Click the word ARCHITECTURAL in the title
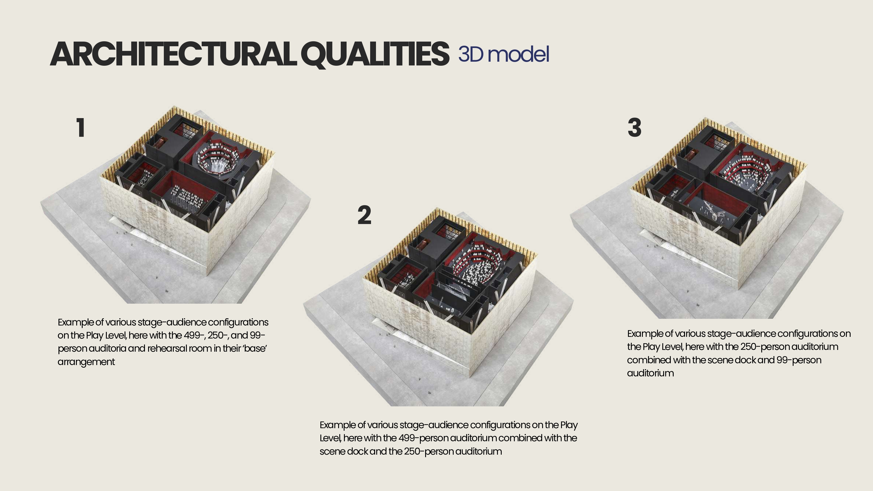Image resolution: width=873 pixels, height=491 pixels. click(x=173, y=54)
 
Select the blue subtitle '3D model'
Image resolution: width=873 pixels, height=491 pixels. click(x=504, y=54)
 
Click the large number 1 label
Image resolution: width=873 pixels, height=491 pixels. click(x=80, y=128)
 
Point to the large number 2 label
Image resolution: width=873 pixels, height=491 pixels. click(x=364, y=215)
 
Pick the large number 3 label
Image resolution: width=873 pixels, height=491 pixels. click(x=634, y=128)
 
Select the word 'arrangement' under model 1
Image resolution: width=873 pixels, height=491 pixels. click(x=86, y=362)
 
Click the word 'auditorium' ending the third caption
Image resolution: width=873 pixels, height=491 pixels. click(x=650, y=373)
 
